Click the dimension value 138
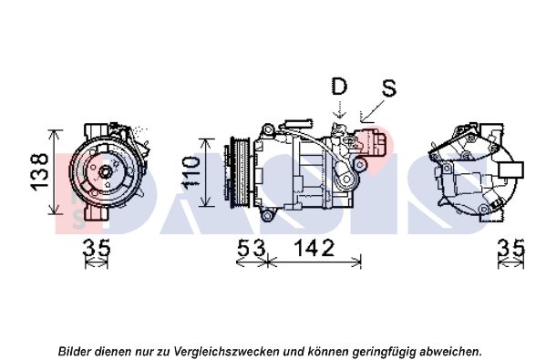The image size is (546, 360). (40, 171)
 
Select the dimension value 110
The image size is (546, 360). (191, 172)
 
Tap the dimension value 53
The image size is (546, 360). (251, 248)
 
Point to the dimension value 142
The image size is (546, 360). (314, 248)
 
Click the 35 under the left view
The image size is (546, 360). (97, 248)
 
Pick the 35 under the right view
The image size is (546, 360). (510, 248)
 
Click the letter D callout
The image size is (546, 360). (339, 86)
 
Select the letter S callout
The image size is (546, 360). (389, 88)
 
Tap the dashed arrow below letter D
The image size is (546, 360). (339, 108)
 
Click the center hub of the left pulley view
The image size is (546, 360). (105, 171)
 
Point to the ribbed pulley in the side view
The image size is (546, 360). (240, 173)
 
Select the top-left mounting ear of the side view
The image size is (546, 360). (267, 130)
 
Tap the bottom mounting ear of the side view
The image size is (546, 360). (267, 216)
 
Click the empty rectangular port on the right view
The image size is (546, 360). (511, 170)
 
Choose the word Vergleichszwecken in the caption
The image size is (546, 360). (228, 351)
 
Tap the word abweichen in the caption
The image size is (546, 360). (451, 351)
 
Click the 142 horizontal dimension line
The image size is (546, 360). (314, 262)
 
